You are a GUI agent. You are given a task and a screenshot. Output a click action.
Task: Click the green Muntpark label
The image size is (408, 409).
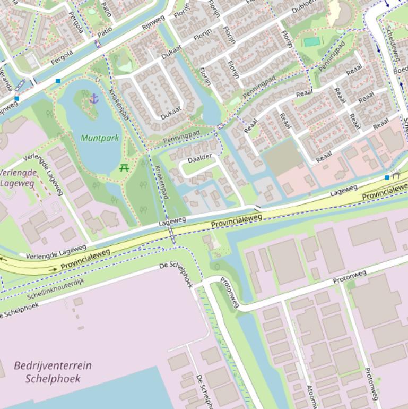coord(100,138)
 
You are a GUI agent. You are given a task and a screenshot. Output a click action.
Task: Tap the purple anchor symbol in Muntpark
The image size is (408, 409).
coord(94,98)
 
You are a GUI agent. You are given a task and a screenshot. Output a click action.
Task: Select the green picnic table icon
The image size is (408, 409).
coord(124,168)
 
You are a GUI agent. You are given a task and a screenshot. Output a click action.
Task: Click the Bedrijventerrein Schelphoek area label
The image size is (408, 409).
coord(53,372)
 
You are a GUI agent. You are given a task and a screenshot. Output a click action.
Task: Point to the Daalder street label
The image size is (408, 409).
coord(199,157)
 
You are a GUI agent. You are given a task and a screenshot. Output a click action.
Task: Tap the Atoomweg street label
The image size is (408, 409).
coord(308,396)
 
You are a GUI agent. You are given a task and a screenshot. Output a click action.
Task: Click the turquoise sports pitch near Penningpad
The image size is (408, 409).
coord(311,41)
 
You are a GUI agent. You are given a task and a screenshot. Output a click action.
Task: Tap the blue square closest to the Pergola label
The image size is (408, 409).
coord(57,81)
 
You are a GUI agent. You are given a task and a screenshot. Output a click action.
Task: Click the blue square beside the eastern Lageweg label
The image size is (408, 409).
coord(387,177)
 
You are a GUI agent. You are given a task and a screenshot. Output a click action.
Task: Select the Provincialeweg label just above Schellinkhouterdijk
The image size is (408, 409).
coord(85,259)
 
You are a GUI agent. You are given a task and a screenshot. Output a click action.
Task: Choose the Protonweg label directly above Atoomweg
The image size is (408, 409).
coord(350,276)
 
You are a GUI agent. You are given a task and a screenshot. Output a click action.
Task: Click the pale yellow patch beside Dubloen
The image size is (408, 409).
coord(334,12)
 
